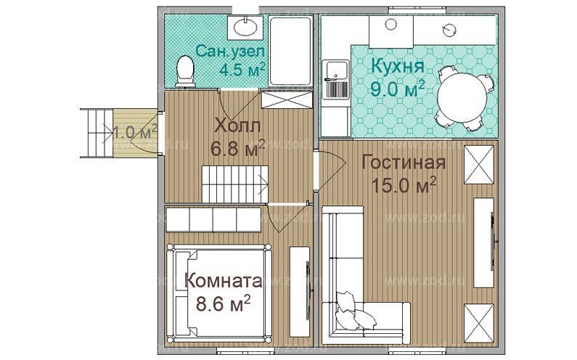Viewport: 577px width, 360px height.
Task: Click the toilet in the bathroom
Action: [186, 71]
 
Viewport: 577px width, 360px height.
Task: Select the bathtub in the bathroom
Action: [290, 51]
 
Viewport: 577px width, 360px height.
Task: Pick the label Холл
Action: [237, 126]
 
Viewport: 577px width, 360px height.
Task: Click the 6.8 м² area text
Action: [237, 150]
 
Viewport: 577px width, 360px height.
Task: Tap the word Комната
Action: [222, 280]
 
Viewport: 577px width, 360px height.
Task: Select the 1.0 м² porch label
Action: [135, 132]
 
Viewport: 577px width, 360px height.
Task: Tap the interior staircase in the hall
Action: [234, 182]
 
